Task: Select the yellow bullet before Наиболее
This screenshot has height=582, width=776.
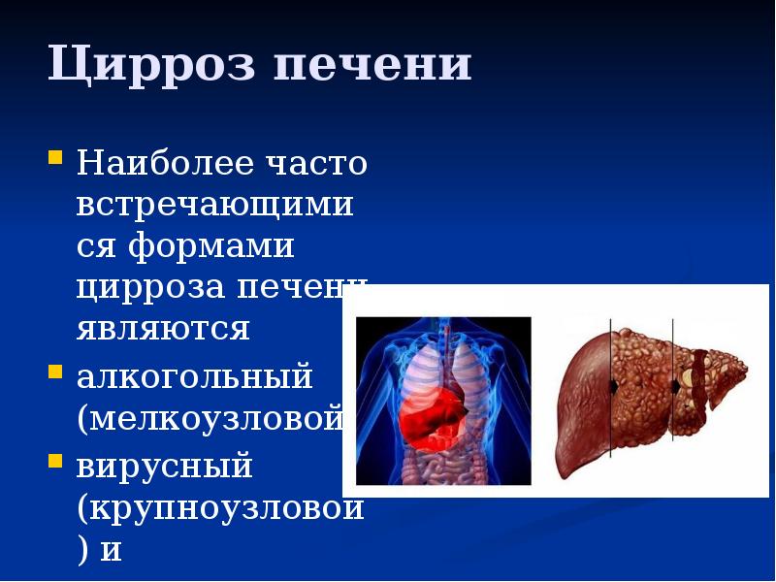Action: (x=55, y=155)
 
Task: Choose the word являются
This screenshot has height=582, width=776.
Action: (x=164, y=329)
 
